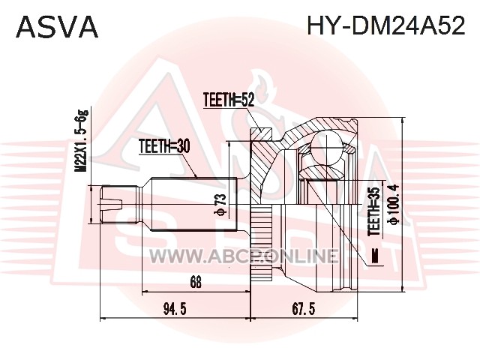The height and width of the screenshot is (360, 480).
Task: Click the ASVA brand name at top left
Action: (57, 26)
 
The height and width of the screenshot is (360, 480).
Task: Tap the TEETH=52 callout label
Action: (228, 99)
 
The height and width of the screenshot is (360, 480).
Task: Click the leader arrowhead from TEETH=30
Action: (196, 177)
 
